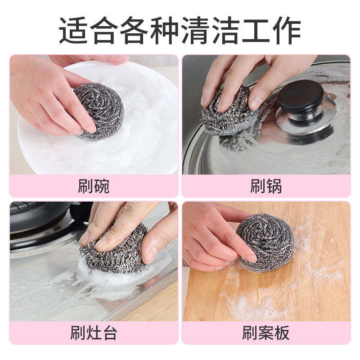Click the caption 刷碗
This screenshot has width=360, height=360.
(94, 186)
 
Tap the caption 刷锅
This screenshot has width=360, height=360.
(266, 186)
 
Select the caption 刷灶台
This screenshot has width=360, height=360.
(94, 333)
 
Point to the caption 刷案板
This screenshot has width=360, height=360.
(266, 333)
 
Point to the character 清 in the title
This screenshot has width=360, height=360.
(195, 31)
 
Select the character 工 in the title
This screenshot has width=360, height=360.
(256, 31)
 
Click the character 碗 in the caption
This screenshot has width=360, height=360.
(102, 186)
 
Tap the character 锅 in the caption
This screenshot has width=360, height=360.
(274, 186)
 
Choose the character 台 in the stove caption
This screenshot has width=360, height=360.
(109, 333)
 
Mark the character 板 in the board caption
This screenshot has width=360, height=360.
(282, 333)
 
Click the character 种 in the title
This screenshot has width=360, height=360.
(165, 31)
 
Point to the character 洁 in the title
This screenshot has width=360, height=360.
(225, 31)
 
